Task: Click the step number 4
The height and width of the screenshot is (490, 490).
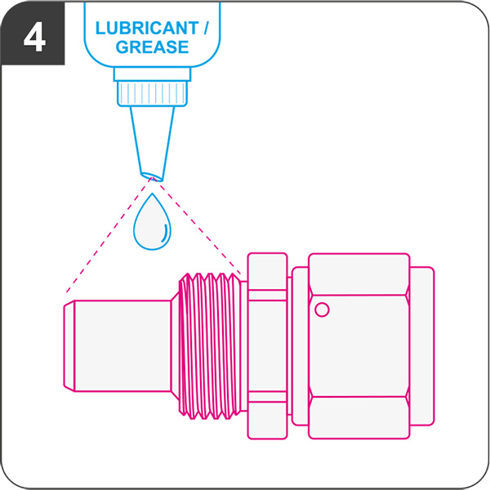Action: pyautogui.click(x=34, y=38)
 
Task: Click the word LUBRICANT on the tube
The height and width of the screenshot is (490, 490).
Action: pyautogui.click(x=147, y=28)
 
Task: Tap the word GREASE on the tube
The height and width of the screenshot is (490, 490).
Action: pyautogui.click(x=152, y=47)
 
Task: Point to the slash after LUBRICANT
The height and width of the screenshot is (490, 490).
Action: pyautogui.click(x=205, y=28)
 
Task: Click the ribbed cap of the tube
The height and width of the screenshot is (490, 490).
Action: pyautogui.click(x=152, y=93)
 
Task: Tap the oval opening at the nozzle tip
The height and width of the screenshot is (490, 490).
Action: pyautogui.click(x=152, y=177)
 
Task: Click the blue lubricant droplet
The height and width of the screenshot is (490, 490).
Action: pyautogui.click(x=152, y=221)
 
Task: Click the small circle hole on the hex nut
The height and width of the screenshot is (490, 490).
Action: pyautogui.click(x=322, y=310)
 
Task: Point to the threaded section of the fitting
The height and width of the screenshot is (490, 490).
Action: pyautogui.click(x=210, y=346)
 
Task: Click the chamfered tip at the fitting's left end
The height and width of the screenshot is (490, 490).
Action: pyautogui.click(x=69, y=346)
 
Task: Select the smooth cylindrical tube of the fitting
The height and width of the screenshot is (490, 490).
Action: pyautogui.click(x=122, y=346)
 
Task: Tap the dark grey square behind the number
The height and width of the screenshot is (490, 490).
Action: pyautogui.click(x=33, y=33)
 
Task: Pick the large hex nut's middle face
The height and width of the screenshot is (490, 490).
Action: pyautogui.click(x=359, y=346)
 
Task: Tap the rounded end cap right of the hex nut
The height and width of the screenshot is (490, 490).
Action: pyautogui.click(x=422, y=346)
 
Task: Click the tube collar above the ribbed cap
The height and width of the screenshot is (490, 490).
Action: pyautogui.click(x=152, y=73)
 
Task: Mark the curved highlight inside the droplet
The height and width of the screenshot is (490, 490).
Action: pyautogui.click(x=166, y=233)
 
